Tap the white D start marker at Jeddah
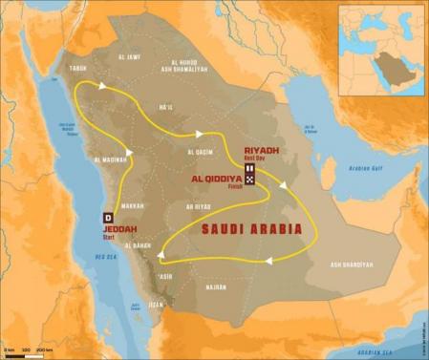pyautogui.click(x=108, y=218)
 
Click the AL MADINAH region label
pyautogui.click(x=112, y=160)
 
